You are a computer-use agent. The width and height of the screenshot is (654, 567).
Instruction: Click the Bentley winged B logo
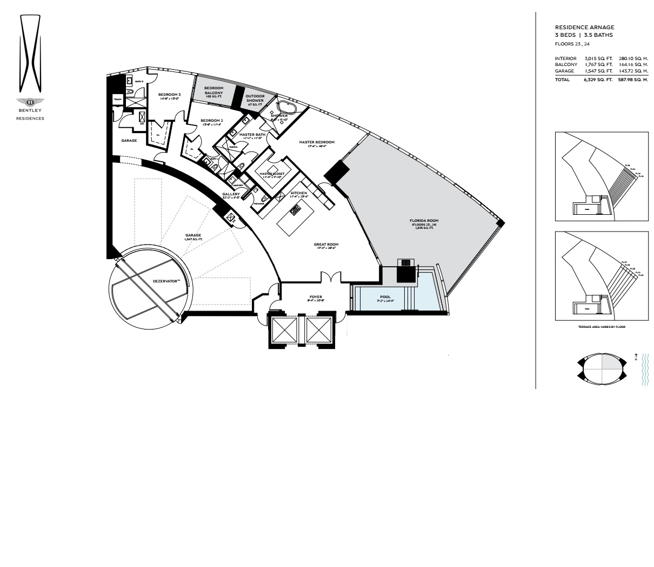[x=30, y=102]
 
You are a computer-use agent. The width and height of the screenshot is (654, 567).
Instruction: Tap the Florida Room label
[x=424, y=221]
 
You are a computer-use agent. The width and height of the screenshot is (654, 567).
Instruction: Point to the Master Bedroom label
[x=317, y=142]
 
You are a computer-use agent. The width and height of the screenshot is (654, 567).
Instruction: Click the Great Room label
[x=326, y=245]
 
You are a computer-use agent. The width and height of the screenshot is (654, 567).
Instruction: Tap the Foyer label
[x=316, y=296]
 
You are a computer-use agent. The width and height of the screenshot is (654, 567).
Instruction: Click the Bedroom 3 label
[x=169, y=95]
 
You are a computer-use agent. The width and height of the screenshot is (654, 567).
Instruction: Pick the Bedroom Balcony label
[x=213, y=90]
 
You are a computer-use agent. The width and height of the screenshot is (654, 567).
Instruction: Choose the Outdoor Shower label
[x=255, y=98]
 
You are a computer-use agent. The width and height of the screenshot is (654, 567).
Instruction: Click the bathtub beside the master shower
[x=286, y=107]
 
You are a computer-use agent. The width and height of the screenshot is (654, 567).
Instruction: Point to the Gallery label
[x=231, y=194]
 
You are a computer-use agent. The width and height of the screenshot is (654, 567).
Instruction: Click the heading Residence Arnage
[x=584, y=27]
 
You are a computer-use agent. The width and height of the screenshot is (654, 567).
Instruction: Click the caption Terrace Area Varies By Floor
[x=601, y=327]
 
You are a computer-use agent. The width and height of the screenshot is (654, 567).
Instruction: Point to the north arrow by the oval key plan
[x=636, y=357]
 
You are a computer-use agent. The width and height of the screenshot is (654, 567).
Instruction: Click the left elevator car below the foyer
[x=284, y=329]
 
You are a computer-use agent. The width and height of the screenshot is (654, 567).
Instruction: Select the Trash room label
[x=117, y=100]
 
